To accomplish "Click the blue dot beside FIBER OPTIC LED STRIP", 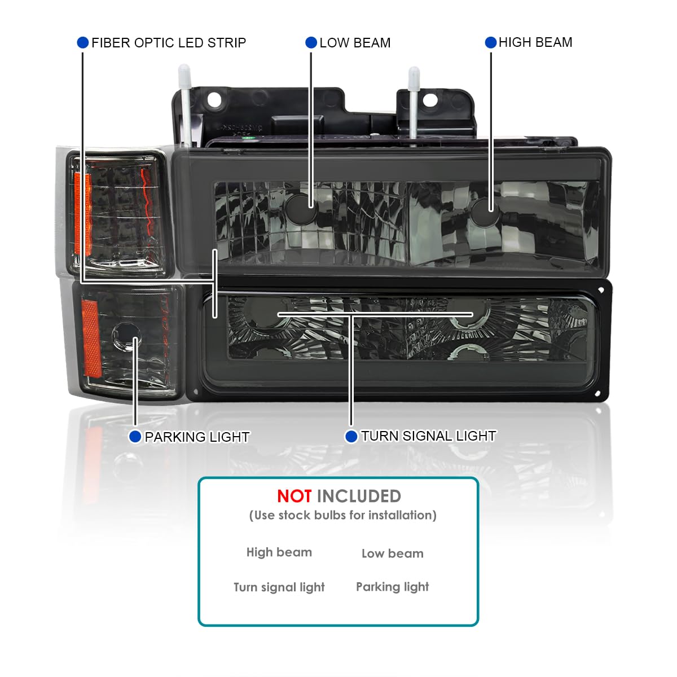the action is click(x=82, y=42).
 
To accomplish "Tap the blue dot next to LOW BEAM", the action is click(x=311, y=42).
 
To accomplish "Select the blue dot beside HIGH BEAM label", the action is click(x=490, y=42).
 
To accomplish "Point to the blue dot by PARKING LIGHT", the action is click(x=135, y=437).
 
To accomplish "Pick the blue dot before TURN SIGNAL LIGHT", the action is click(x=351, y=436).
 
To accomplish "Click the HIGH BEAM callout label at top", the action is click(x=535, y=42).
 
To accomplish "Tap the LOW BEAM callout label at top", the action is click(x=355, y=42).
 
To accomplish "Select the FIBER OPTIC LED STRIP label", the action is click(x=169, y=42).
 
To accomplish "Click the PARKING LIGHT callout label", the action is click(x=197, y=437).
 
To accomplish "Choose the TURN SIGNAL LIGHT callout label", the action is click(x=429, y=436).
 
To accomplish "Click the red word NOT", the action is click(x=294, y=496).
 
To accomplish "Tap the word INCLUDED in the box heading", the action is click(x=359, y=496).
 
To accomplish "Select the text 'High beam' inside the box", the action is click(x=279, y=552).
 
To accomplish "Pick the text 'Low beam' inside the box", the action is click(x=393, y=553).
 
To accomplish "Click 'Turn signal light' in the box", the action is click(x=279, y=587).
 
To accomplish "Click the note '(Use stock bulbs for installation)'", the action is click(x=342, y=516).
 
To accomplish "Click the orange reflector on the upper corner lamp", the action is click(x=83, y=214).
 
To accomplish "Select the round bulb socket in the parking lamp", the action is click(x=126, y=336).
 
